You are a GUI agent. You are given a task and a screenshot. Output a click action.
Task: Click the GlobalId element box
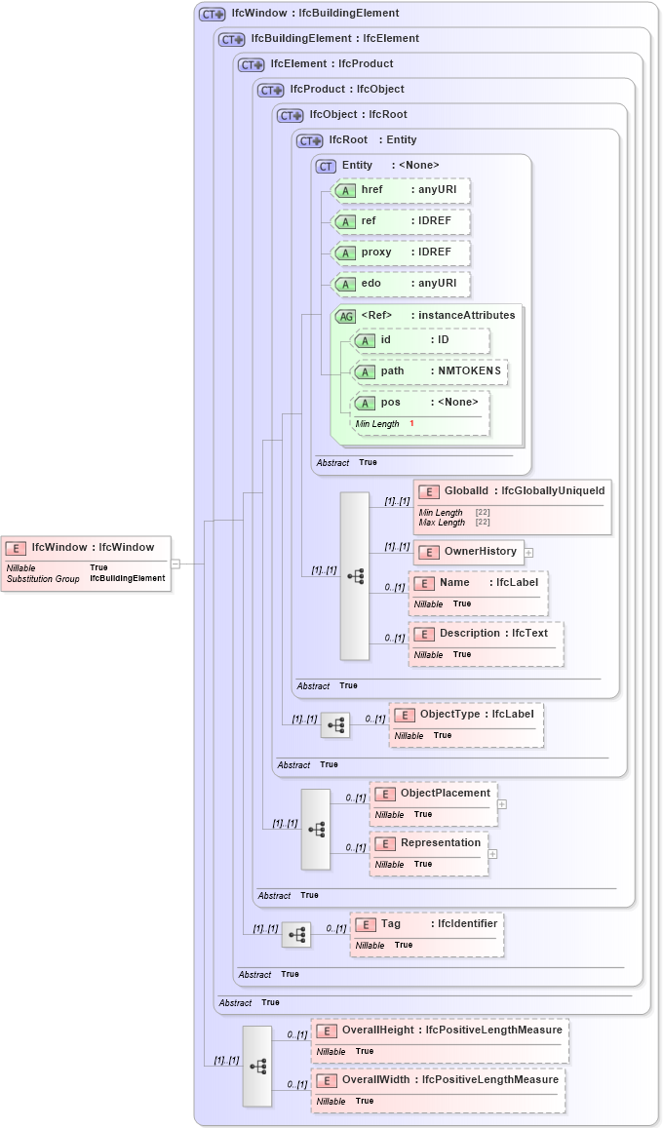tap(513, 491)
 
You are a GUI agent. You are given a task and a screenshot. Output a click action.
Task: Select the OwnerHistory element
tap(469, 552)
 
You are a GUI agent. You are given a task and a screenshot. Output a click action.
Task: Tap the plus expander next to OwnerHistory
tap(528, 552)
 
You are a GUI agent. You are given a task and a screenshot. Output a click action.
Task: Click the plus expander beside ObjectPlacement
tap(501, 804)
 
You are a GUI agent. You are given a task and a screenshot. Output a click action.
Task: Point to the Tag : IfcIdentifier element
tap(427, 924)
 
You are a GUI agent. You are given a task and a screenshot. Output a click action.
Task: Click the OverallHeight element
tap(440, 1031)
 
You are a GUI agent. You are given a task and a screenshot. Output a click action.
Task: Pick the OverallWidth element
tap(438, 1080)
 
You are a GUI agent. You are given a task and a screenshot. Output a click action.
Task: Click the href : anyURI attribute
tap(401, 190)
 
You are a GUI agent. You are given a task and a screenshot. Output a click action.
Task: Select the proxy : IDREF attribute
tap(401, 253)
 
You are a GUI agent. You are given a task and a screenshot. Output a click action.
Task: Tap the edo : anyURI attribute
tap(401, 284)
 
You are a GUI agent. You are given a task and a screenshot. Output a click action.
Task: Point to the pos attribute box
tap(420, 403)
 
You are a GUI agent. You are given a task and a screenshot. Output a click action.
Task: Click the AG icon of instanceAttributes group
tap(346, 316)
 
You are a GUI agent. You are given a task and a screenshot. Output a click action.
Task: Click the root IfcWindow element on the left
tap(85, 548)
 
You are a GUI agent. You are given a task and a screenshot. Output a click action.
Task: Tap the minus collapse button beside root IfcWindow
tap(175, 564)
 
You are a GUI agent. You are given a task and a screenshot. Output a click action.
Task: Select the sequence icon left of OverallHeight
tap(257, 1066)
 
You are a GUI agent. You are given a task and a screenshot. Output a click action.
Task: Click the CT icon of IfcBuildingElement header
tap(232, 39)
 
